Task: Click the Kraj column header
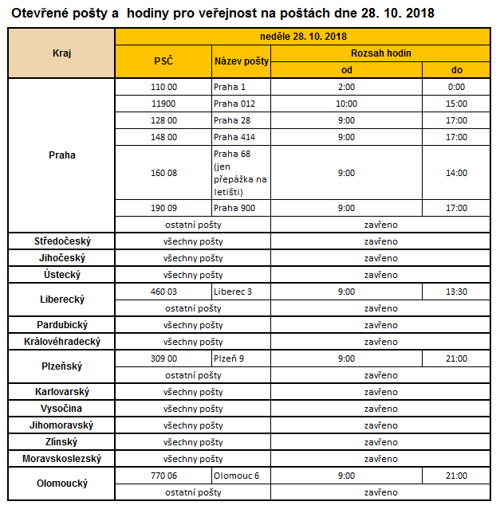(x=61, y=53)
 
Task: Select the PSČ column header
(x=163, y=61)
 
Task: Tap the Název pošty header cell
(x=241, y=61)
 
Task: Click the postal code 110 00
(x=163, y=87)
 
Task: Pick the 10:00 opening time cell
(x=346, y=104)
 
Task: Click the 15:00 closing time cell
(x=456, y=104)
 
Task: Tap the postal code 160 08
(x=163, y=173)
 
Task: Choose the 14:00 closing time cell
(x=456, y=173)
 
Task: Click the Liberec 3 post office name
(x=233, y=292)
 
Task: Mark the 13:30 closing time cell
(x=456, y=292)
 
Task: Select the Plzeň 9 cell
(x=229, y=358)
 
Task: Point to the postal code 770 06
(x=163, y=476)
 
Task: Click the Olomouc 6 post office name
(x=236, y=476)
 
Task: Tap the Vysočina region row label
(x=61, y=409)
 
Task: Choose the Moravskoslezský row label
(x=61, y=459)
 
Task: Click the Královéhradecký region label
(x=61, y=342)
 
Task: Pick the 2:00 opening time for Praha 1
(x=346, y=87)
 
